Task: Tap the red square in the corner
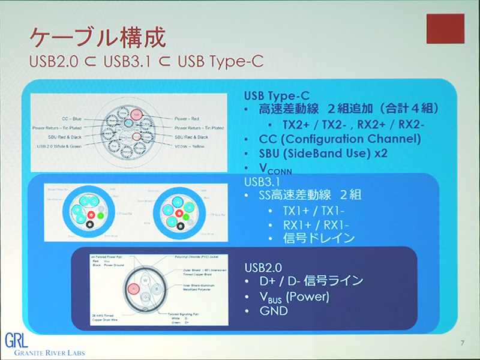coord(445,28)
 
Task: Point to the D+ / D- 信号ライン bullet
coord(311,281)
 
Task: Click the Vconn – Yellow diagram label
coord(196,146)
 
